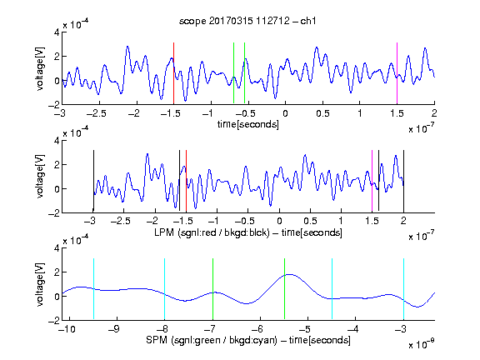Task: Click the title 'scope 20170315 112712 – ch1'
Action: pyautogui.click(x=247, y=21)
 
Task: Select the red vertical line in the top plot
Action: pyautogui.click(x=173, y=73)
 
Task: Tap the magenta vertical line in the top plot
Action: pyautogui.click(x=397, y=73)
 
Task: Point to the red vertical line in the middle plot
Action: pyautogui.click(x=186, y=181)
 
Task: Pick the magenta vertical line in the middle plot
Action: pyautogui.click(x=372, y=181)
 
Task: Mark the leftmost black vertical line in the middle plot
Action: pyautogui.click(x=93, y=181)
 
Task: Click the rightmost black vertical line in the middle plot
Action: pyautogui.click(x=403, y=181)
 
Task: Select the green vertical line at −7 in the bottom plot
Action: pyautogui.click(x=212, y=289)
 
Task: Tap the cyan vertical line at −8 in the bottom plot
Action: pyautogui.click(x=164, y=289)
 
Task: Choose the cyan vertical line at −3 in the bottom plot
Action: pyautogui.click(x=403, y=289)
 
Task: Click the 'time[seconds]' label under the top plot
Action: pyautogui.click(x=248, y=124)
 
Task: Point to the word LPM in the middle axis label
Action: pyautogui.click(x=164, y=232)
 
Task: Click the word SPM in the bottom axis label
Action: pyautogui.click(x=157, y=340)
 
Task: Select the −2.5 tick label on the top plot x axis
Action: pyautogui.click(x=96, y=113)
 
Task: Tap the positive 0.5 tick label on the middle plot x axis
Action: pyautogui.click(x=310, y=221)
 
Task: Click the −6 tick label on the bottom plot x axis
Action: pyautogui.click(x=259, y=329)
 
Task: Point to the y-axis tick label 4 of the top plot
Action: pyautogui.click(x=57, y=32)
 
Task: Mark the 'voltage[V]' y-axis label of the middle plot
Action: pyautogui.click(x=40, y=177)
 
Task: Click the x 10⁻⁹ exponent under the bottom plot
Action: pyautogui.click(x=421, y=343)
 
